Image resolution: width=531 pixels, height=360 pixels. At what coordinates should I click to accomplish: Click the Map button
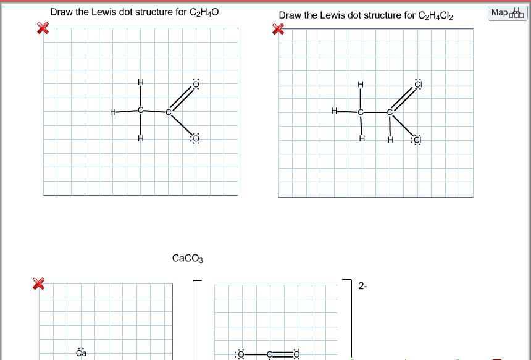click(x=507, y=13)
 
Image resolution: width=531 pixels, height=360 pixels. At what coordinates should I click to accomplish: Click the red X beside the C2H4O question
click(x=43, y=28)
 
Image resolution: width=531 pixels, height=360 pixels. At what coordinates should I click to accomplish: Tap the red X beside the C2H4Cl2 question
click(x=278, y=28)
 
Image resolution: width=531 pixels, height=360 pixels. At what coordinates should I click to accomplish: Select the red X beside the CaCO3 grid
click(x=39, y=283)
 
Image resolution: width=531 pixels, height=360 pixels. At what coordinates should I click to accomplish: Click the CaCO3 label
click(x=187, y=258)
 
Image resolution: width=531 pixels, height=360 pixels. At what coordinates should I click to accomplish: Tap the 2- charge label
click(x=362, y=286)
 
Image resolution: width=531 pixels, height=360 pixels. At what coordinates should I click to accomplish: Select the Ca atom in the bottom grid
click(x=81, y=353)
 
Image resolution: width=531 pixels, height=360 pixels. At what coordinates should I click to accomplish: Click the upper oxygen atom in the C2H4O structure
click(x=196, y=83)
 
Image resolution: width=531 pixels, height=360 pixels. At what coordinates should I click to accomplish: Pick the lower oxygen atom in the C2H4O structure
click(x=196, y=139)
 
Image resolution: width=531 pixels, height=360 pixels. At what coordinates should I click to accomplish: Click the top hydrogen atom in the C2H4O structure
click(x=140, y=82)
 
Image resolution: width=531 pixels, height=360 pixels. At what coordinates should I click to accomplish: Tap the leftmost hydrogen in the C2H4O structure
click(x=112, y=112)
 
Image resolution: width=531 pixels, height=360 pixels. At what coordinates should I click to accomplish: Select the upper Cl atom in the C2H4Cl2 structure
click(x=417, y=84)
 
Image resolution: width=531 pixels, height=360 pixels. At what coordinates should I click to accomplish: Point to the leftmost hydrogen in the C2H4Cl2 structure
click(x=333, y=111)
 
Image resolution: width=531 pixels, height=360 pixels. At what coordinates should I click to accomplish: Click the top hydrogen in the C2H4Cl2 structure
click(x=361, y=83)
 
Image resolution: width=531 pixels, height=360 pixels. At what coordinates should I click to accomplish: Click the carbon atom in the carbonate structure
click(x=270, y=354)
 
